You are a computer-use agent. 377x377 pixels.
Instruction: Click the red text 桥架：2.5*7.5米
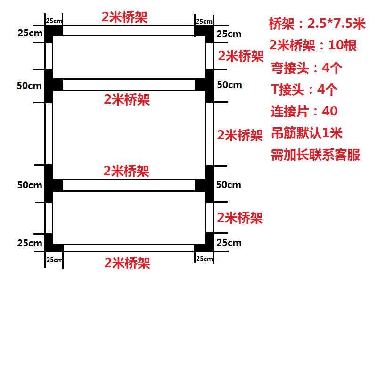(317, 23)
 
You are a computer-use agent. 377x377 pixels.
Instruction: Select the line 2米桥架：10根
(313, 46)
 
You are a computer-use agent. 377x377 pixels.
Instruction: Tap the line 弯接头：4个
(306, 68)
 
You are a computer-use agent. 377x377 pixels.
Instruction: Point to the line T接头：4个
(306, 90)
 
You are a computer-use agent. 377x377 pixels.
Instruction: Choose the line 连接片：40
(304, 112)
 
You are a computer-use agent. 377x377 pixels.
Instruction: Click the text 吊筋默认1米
(306, 133)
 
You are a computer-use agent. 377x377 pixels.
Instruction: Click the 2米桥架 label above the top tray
(124, 17)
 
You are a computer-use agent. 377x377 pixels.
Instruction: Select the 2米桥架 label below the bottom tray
(127, 263)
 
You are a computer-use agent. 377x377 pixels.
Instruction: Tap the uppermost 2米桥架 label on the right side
(241, 57)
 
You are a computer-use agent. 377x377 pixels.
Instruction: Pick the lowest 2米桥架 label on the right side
(240, 218)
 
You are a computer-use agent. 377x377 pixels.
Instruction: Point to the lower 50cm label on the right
(229, 185)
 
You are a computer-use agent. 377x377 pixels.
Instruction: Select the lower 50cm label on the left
(29, 185)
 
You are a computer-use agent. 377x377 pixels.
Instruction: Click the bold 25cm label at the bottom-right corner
(229, 243)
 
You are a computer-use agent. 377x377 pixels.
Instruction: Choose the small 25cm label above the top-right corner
(204, 21)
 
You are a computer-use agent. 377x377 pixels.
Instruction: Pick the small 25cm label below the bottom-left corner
(54, 259)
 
